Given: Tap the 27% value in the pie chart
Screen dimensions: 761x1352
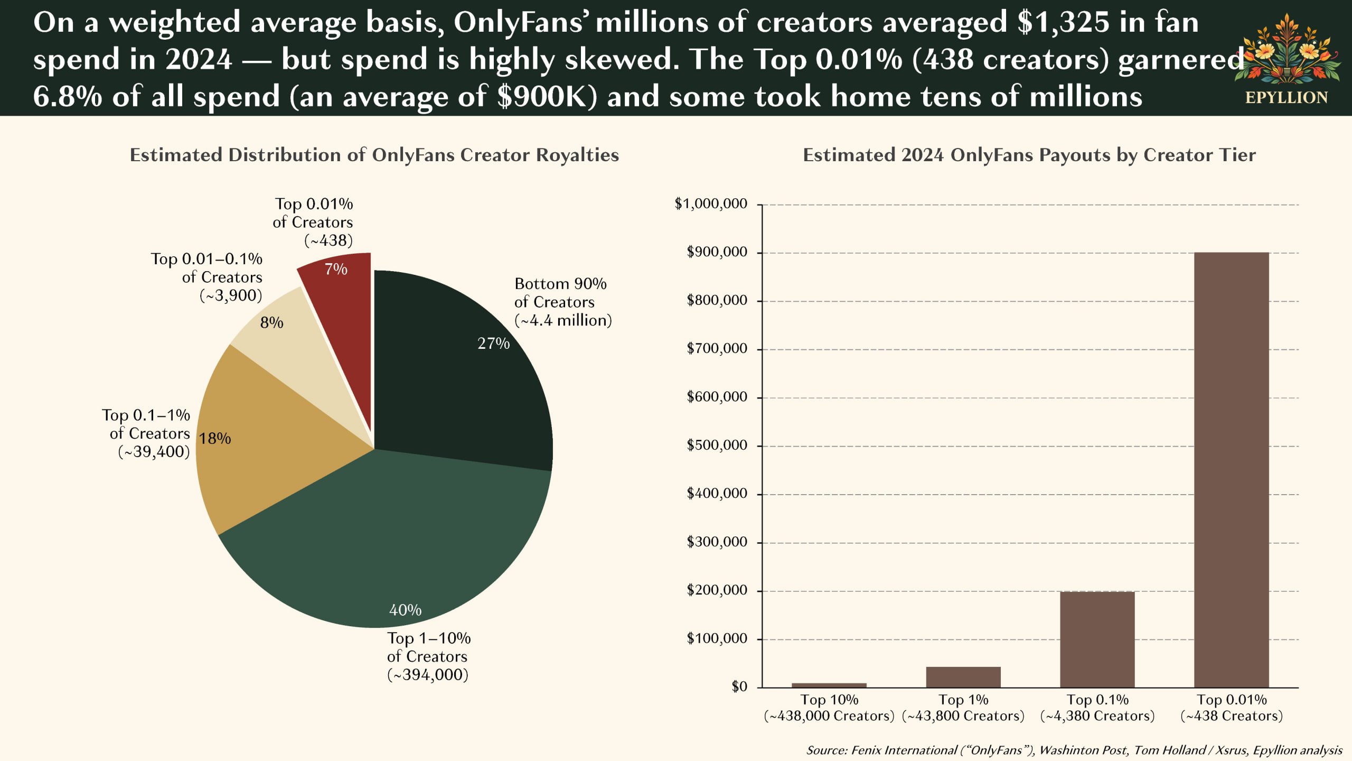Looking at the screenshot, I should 493,344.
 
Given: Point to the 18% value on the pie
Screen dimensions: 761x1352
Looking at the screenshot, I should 215,439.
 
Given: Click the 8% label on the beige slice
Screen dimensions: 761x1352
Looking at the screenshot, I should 271,322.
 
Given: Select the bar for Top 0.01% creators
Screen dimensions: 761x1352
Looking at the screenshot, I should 1231,470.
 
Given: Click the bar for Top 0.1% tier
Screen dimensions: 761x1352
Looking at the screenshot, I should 1097,639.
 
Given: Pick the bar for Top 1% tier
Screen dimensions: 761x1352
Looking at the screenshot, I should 963,677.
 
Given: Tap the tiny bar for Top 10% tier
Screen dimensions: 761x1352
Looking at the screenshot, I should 829,685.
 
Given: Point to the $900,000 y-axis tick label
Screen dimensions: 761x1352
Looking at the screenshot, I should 717,252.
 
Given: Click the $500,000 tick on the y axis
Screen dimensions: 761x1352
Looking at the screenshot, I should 717,446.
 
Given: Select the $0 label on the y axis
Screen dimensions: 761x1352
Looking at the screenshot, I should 739,686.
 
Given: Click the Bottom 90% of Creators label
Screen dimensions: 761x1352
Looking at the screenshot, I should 562,302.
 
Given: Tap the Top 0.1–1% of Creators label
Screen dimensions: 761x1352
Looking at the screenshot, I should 146,433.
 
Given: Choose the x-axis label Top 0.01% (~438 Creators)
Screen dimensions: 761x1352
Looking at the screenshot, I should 1231,708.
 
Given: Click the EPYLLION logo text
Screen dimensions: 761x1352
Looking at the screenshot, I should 1286,98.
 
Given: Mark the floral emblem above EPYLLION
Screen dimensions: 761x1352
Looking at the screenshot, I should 1287,50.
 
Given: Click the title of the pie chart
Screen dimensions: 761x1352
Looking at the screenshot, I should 374,155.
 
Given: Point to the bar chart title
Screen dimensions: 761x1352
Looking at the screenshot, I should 1029,155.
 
